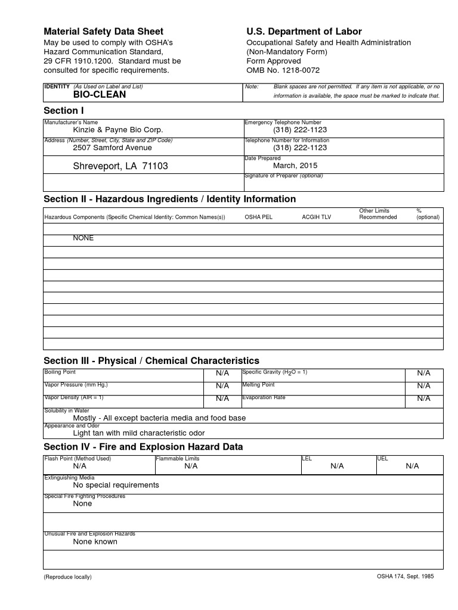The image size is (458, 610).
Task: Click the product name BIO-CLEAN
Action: tap(100, 95)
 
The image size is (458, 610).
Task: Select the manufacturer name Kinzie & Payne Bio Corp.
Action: tap(117, 130)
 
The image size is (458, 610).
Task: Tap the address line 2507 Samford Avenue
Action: tap(112, 148)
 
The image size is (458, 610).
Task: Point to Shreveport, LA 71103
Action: tap(120, 167)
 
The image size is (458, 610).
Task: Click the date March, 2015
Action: tap(295, 166)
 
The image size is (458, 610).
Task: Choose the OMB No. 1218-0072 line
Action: tap(283, 70)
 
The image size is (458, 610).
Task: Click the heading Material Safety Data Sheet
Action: tap(104, 32)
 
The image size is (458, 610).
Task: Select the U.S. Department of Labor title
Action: tap(304, 32)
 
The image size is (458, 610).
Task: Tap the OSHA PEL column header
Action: tap(258, 217)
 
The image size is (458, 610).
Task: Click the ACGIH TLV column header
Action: tap(316, 217)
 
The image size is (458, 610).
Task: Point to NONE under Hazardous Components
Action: tap(83, 238)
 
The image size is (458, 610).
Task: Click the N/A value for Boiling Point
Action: tap(222, 373)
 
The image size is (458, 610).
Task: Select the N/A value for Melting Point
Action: tap(423, 386)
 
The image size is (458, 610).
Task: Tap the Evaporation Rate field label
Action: tap(264, 397)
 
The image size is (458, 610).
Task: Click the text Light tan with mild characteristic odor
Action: tap(138, 433)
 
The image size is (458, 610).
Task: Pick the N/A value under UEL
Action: tap(412, 466)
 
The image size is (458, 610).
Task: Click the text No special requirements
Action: tap(116, 485)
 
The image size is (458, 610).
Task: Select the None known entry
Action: tap(95, 541)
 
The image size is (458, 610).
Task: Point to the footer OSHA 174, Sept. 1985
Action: tap(405, 577)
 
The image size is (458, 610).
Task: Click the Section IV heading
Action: tap(143, 447)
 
